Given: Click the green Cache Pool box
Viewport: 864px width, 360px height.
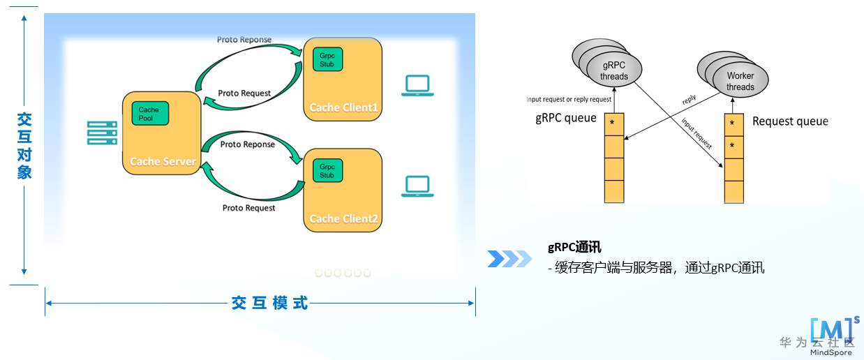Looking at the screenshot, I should click(150, 113).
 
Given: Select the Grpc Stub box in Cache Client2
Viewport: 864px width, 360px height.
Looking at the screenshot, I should click(327, 171).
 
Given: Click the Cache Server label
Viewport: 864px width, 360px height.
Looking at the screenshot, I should click(163, 161).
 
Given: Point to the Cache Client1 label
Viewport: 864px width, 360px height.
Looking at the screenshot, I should click(343, 107).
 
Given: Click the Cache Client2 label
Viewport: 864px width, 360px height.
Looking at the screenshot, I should click(343, 218).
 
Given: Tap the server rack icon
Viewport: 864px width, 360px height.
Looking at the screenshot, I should click(102, 133).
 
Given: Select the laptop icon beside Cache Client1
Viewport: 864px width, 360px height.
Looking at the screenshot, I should click(417, 85).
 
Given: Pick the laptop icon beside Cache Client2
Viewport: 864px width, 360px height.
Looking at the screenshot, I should click(417, 186).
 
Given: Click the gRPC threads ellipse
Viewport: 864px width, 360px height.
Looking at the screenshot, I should click(614, 71).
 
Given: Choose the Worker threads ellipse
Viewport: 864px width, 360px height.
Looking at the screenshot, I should click(740, 81).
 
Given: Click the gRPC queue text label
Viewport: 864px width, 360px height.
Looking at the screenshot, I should click(566, 118).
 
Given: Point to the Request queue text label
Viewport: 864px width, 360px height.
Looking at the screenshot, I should click(790, 121).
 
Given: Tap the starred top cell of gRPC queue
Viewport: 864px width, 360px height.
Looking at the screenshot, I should click(613, 124).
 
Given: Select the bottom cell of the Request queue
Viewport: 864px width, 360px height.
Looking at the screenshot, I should click(733, 191).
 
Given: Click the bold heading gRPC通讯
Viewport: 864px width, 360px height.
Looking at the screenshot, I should click(574, 247).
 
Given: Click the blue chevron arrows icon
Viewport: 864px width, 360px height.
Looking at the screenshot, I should click(509, 258).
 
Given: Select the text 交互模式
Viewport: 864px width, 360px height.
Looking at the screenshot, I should click(269, 303).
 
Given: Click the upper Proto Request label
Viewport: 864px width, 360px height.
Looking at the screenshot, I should click(244, 93).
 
